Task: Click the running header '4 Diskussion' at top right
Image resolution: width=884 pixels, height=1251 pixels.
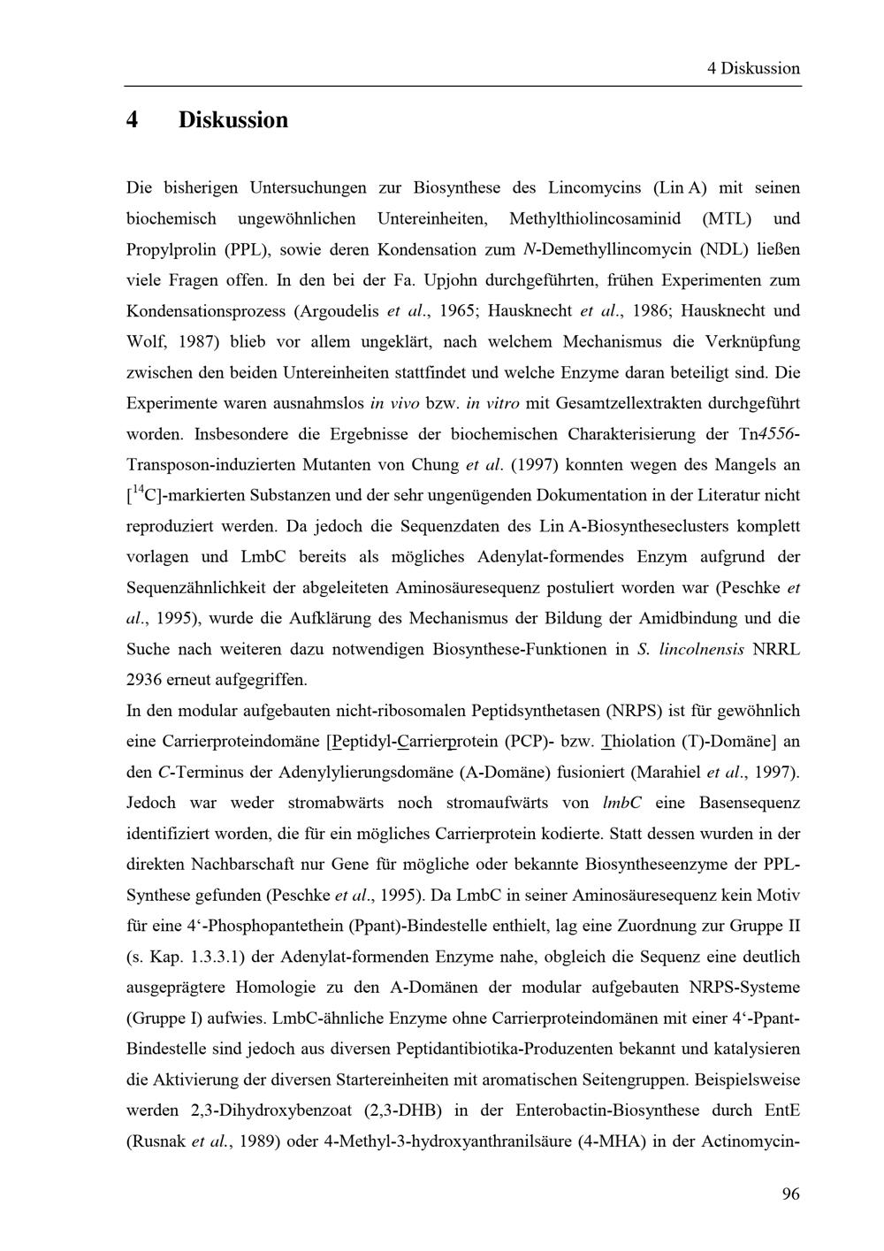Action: point(753,68)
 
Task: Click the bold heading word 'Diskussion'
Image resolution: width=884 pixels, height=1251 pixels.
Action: point(233,120)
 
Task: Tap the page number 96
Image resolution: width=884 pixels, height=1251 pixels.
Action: point(790,1194)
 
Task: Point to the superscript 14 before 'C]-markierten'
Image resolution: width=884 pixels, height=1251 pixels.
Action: point(137,490)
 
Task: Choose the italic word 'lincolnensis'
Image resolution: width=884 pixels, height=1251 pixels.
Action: point(698,650)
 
